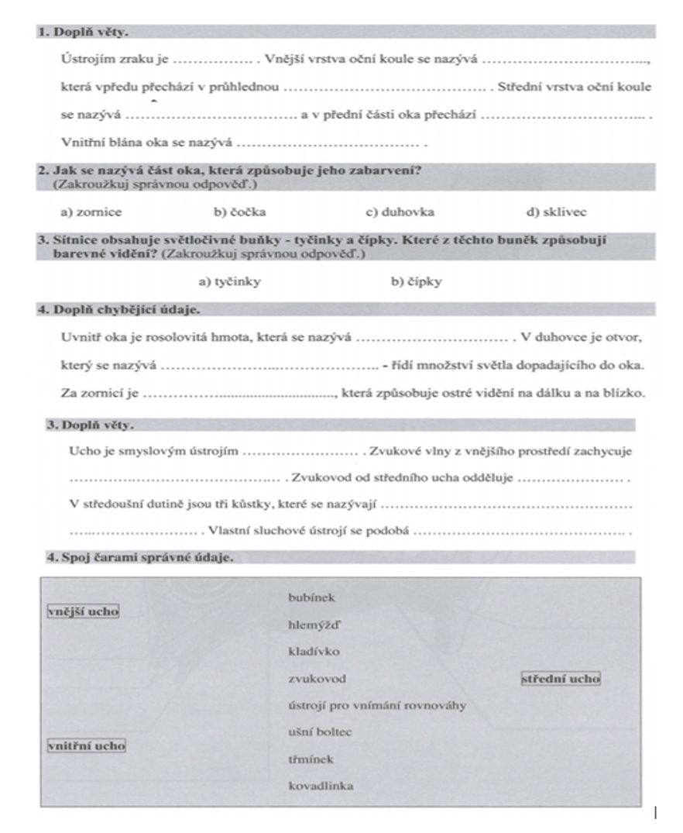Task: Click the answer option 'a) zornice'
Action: tap(91, 211)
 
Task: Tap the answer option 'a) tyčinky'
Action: tap(229, 281)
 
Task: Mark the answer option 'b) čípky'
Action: tap(416, 281)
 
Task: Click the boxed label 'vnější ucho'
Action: tap(83, 611)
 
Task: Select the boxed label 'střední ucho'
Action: tap(561, 679)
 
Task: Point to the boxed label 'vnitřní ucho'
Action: tap(86, 745)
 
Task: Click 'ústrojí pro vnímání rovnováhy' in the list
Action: tap(376, 705)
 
